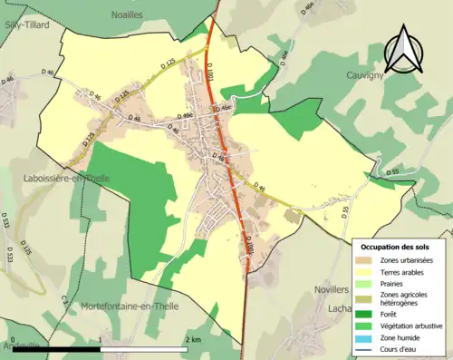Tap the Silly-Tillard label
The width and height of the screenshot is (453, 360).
tap(24, 24)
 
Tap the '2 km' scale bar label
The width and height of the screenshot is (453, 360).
tap(192, 340)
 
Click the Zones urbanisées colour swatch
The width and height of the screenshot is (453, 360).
tap(366, 261)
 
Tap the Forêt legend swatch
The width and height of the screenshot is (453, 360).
tap(366, 314)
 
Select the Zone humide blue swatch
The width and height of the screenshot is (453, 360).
tap(366, 337)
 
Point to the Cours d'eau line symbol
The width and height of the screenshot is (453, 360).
tap(366, 348)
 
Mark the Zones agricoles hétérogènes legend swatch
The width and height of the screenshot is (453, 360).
tap(366, 298)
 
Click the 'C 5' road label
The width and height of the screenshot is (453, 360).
tap(65, 298)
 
